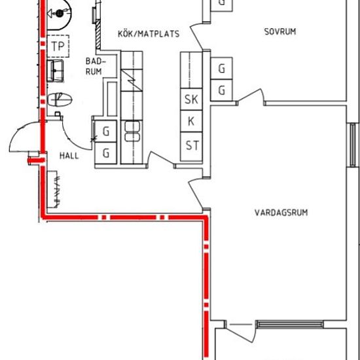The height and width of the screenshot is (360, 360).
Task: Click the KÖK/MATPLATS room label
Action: coord(149,34)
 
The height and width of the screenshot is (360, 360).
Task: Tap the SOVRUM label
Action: coord(280,31)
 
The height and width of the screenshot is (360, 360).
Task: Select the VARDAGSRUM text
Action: coord(281,212)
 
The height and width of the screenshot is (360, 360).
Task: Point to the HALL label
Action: coord(69,156)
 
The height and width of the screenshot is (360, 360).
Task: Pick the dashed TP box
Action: coord(58,46)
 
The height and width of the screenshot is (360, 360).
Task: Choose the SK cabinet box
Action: coord(191,99)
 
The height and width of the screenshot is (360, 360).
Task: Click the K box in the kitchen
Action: coord(191,121)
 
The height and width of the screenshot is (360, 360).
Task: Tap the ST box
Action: coord(191,146)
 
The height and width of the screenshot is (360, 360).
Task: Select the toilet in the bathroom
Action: coord(60,99)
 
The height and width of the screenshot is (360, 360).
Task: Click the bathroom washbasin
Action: coord(55,71)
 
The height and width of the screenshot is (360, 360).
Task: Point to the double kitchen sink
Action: coord(132,131)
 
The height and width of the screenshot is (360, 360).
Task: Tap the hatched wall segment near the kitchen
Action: coord(98,35)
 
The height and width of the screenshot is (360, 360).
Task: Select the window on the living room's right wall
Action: coord(353,145)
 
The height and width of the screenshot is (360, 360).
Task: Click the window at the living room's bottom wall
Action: coord(289,324)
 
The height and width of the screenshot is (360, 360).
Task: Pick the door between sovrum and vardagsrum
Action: coord(251,96)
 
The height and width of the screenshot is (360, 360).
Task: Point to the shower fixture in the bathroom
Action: coord(59,14)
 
